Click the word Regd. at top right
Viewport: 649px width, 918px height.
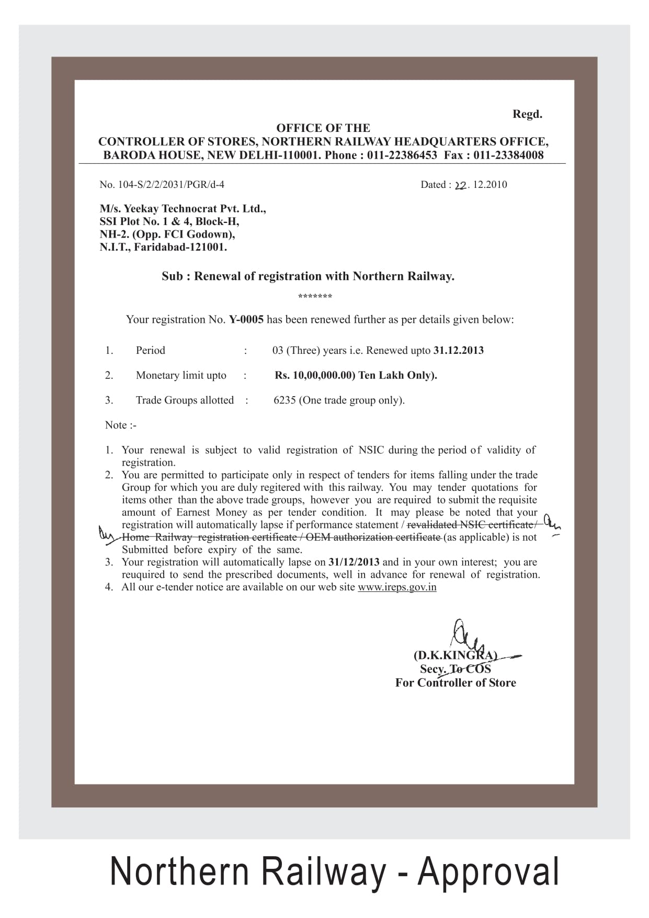[x=527, y=114]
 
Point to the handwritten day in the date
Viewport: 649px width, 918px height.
[x=460, y=185]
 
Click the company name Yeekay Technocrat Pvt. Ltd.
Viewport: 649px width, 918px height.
[x=195, y=209]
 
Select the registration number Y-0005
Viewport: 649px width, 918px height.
[x=246, y=319]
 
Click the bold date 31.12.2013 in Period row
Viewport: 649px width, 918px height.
[x=458, y=350]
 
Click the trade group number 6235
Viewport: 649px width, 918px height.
[x=284, y=400]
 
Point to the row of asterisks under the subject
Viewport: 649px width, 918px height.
[x=315, y=297]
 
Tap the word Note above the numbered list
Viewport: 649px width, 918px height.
[x=116, y=425]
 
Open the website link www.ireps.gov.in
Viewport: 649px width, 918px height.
[x=397, y=587]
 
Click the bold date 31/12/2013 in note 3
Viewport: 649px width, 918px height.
[x=354, y=562]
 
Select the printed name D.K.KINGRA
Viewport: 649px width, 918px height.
[x=455, y=655]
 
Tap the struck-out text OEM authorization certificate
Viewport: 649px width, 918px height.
[x=372, y=538]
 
